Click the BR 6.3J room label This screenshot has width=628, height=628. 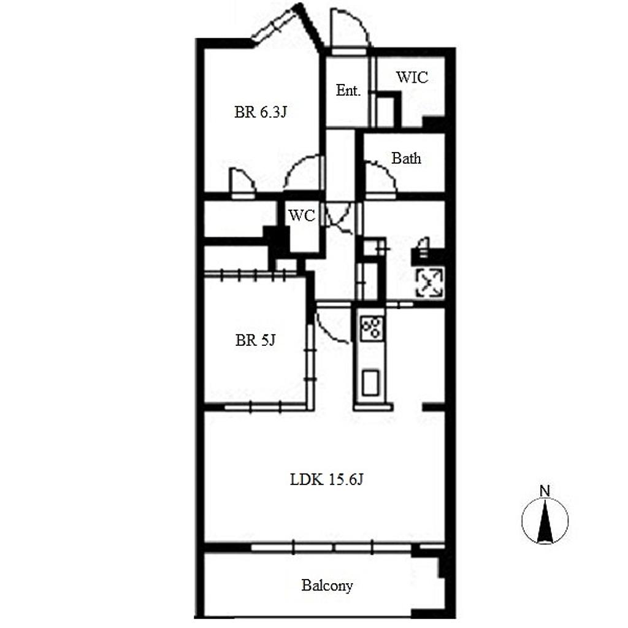click(x=260, y=112)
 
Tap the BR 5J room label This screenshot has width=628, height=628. click(x=255, y=340)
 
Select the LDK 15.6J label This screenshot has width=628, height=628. click(x=326, y=480)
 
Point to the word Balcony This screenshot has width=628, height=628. click(x=327, y=586)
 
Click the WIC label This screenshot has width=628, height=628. click(x=412, y=77)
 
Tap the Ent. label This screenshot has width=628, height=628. click(x=348, y=91)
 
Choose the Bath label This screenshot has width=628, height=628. click(x=406, y=158)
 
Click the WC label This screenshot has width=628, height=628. click(x=302, y=215)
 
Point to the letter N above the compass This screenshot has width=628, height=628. click(x=545, y=491)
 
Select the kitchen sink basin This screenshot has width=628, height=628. click(x=370, y=383)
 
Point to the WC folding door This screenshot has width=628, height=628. click(x=339, y=219)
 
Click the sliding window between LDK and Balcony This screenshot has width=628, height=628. click(x=332, y=547)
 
